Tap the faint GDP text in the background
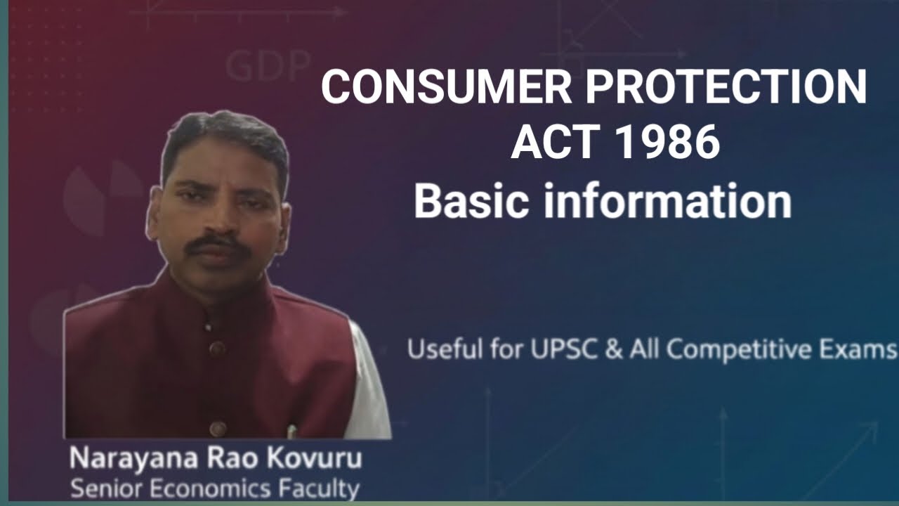[268, 67]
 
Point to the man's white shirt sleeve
[370, 394]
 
